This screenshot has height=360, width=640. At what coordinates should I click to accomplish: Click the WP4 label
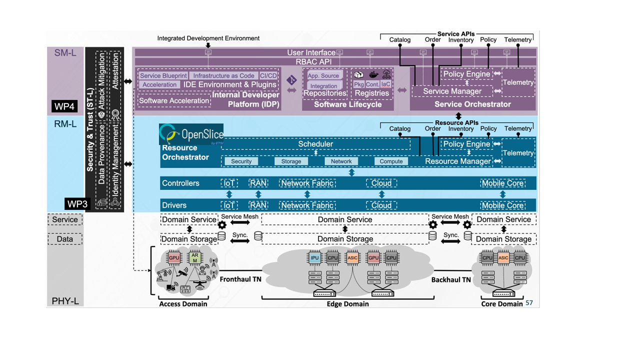[64, 106]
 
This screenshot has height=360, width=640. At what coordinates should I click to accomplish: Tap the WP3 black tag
[78, 204]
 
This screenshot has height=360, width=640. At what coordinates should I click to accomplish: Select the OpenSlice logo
[191, 134]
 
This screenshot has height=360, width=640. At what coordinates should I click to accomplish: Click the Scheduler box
[315, 144]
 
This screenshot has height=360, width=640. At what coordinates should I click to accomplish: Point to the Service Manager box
[452, 91]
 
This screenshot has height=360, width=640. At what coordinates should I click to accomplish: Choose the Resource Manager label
[458, 161]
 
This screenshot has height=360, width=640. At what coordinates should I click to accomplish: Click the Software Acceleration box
[174, 100]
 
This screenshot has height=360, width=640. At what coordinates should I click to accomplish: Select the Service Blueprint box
[163, 75]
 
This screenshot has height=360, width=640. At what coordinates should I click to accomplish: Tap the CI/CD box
[268, 75]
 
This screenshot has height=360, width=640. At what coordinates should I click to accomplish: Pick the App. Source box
[323, 75]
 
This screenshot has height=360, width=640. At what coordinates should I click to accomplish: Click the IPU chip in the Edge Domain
[314, 258]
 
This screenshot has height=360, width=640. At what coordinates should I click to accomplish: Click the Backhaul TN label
[451, 279]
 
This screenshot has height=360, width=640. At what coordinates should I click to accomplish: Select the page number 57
[529, 303]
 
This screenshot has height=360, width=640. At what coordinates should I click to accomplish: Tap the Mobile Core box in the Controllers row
[502, 183]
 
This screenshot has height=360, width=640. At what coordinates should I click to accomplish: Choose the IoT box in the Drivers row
[229, 205]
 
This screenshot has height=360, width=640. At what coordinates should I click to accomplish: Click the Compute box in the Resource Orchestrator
[391, 161]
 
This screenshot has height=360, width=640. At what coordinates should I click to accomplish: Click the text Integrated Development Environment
[208, 38]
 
